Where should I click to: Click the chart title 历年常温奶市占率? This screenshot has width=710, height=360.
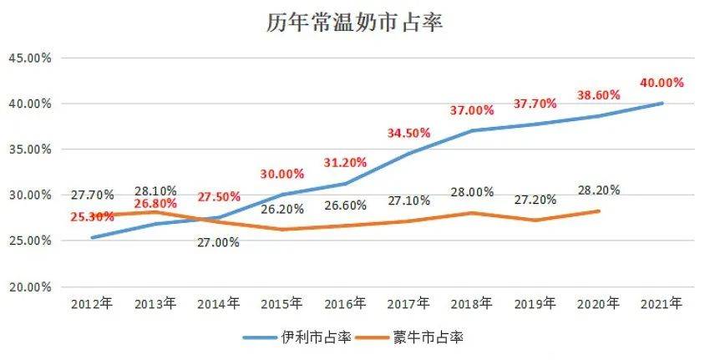(354, 23)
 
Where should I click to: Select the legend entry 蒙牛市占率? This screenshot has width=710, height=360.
(427, 337)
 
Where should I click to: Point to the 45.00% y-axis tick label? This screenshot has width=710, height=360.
(29, 58)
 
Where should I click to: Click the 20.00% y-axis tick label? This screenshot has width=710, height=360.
(29, 286)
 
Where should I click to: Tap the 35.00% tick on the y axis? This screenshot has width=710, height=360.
(29, 150)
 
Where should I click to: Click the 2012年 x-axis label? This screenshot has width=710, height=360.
(91, 305)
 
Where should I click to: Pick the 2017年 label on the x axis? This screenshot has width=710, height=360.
(408, 305)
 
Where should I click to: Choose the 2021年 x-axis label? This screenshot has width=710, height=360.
(662, 305)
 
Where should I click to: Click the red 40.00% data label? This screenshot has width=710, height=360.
(662, 83)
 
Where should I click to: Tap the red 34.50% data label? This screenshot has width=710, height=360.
(408, 133)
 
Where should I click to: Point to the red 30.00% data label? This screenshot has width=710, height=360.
(281, 174)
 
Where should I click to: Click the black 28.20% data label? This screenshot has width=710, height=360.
(598, 190)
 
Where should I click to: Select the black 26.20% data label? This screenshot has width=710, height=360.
(281, 209)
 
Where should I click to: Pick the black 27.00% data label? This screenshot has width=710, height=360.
(218, 242)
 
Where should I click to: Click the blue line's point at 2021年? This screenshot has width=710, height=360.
(662, 104)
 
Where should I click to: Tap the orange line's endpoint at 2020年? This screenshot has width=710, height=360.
(599, 210)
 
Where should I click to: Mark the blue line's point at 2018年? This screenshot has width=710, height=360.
(472, 130)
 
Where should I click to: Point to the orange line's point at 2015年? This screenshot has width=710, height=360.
(281, 229)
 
